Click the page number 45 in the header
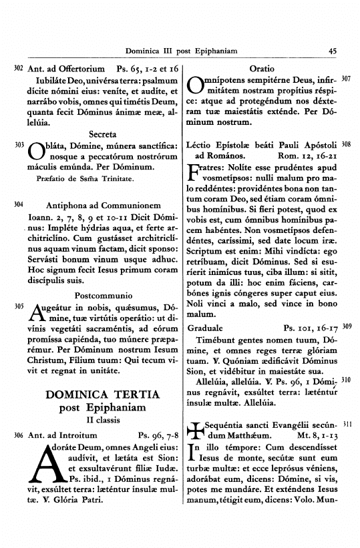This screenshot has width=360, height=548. coord(333,50)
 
